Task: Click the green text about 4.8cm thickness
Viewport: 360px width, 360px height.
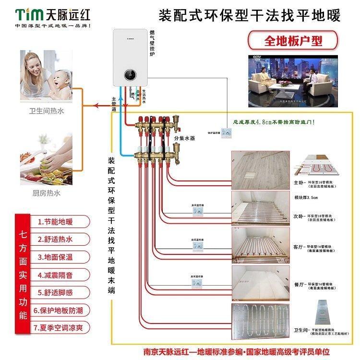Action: pos(274,123)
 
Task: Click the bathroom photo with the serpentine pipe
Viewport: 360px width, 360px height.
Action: pos(259,323)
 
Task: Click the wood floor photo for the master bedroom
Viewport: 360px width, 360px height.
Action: pos(259,170)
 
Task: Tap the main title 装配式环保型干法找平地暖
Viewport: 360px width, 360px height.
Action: pos(249,16)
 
